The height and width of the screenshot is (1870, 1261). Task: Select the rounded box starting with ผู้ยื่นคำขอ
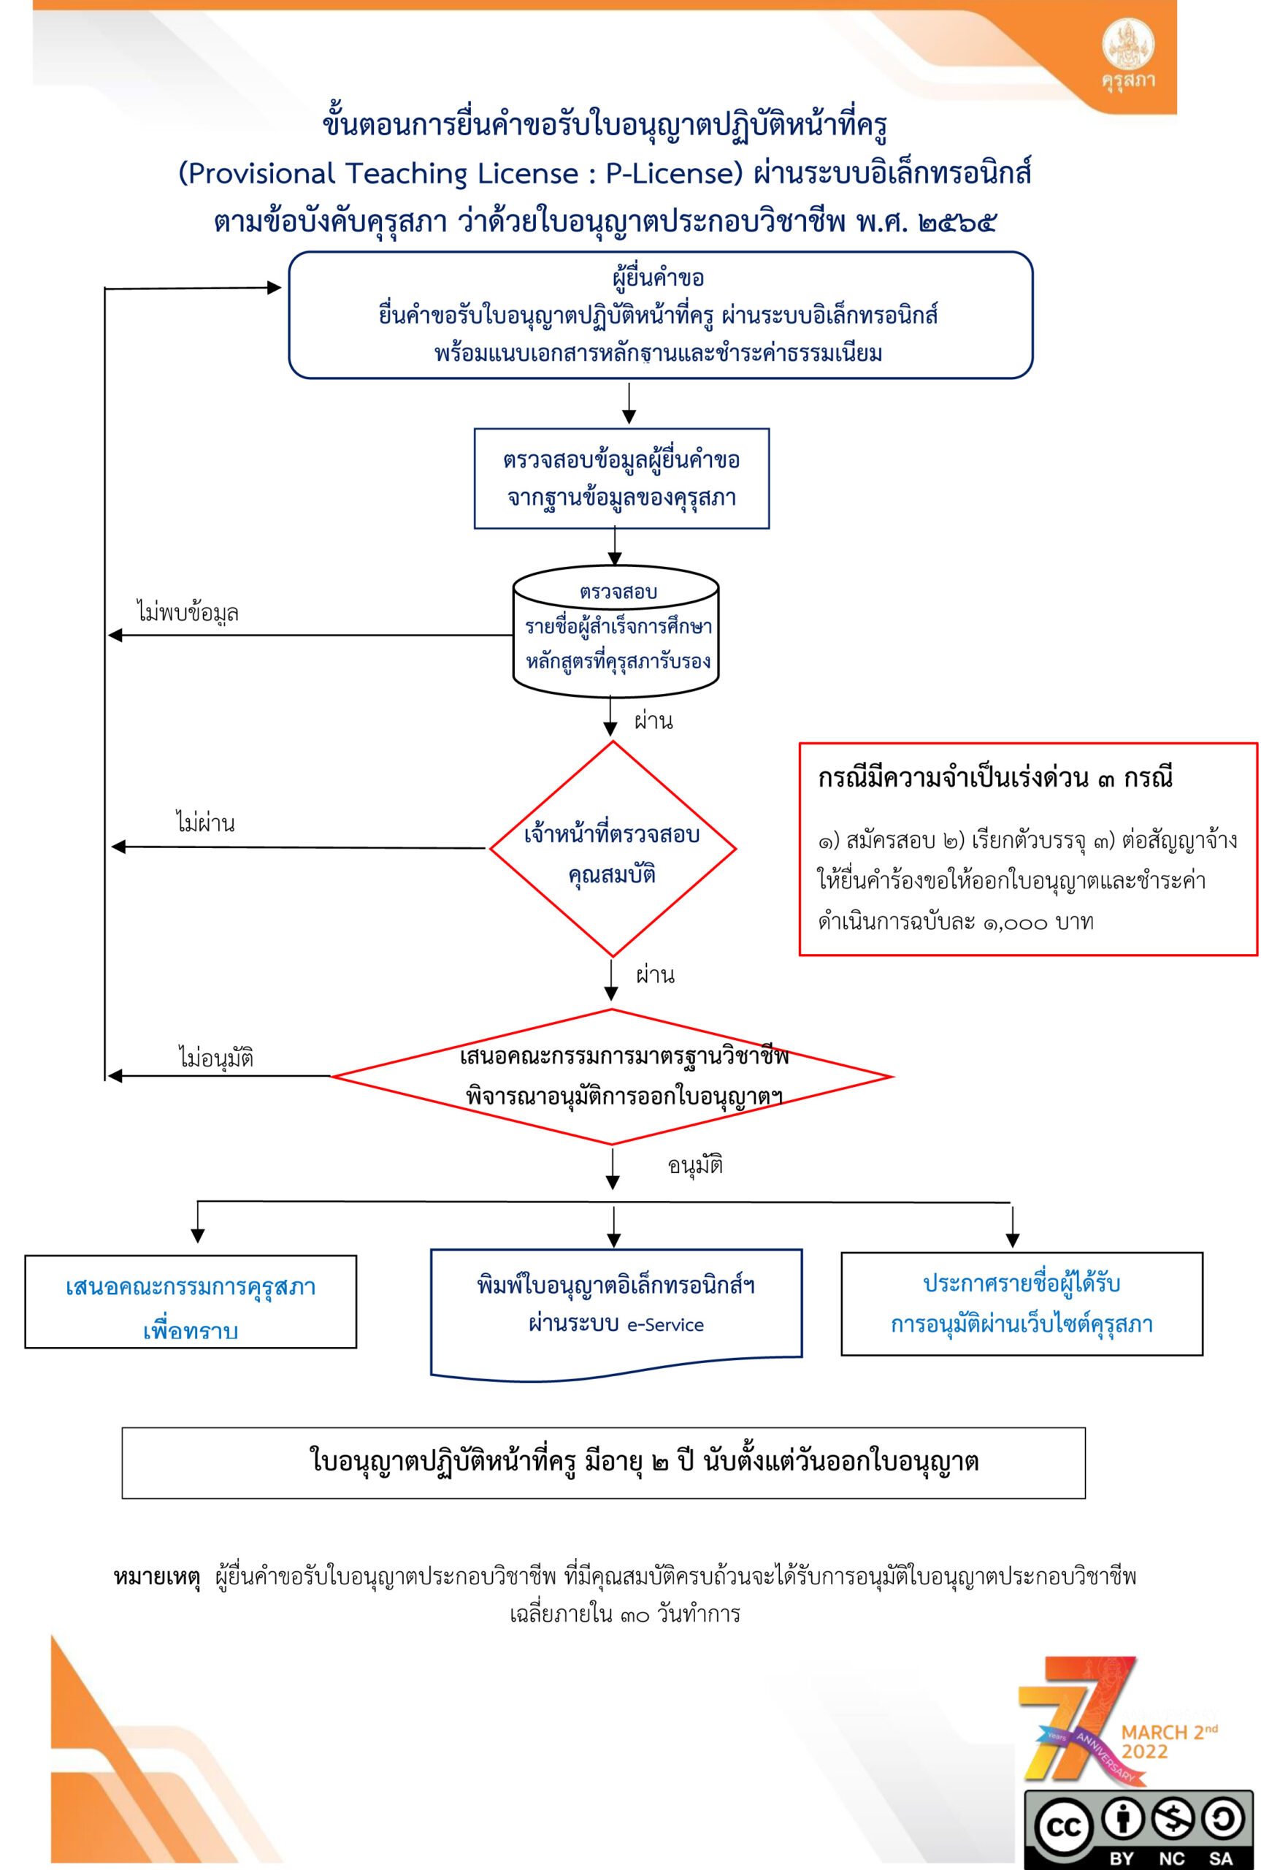pyautogui.click(x=660, y=316)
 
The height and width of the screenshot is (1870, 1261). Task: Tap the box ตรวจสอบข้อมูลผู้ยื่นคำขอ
pyautogui.click(x=621, y=478)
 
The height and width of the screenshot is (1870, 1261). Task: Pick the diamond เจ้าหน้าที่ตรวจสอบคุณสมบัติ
pyautogui.click(x=613, y=849)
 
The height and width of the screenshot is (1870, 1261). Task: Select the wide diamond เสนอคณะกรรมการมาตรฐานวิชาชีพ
pyautogui.click(x=612, y=1076)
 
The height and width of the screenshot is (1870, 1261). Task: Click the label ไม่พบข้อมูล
pyautogui.click(x=188, y=614)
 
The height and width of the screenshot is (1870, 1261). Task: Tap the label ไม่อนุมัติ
pyautogui.click(x=215, y=1058)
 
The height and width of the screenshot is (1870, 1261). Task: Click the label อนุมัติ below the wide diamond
pyautogui.click(x=696, y=1165)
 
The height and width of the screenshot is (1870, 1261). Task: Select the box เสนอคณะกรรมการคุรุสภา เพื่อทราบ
pyautogui.click(x=191, y=1302)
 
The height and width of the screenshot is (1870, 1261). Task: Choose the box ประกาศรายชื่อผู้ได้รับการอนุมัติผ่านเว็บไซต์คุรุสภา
pyautogui.click(x=1022, y=1304)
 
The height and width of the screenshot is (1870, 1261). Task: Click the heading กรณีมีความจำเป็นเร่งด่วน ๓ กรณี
pyautogui.click(x=994, y=778)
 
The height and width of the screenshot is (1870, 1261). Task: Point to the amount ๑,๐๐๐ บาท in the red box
pyautogui.click(x=1038, y=922)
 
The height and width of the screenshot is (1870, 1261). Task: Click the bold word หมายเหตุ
pyautogui.click(x=157, y=1577)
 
